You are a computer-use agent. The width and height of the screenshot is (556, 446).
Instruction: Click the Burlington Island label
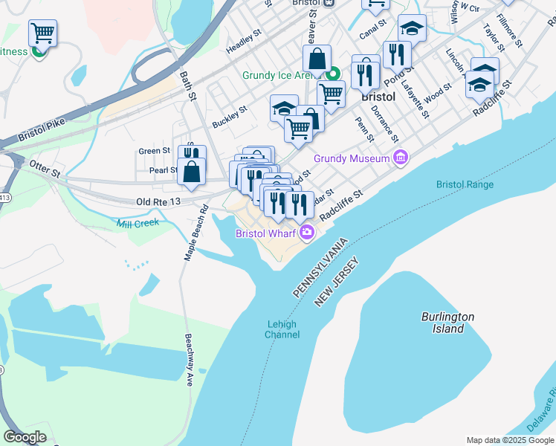447,323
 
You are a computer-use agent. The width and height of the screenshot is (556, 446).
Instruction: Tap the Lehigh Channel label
282,329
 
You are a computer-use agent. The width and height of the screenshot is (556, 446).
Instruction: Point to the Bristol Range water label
465,184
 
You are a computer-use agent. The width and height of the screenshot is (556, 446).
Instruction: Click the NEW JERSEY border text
337,282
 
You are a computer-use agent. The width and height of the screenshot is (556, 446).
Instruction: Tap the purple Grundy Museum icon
401,158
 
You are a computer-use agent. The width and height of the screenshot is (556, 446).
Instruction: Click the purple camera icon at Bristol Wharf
307,233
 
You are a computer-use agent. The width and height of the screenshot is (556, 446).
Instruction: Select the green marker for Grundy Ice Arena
334,74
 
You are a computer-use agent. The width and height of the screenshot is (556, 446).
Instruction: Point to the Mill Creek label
138,223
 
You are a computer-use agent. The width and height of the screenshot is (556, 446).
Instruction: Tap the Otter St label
44,170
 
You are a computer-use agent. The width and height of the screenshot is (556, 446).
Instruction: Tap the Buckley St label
229,115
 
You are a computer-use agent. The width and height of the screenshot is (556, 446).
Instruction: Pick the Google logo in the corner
25,437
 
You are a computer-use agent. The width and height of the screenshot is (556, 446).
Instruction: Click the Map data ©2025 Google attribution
511,440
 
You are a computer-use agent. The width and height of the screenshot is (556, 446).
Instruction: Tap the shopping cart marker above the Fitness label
43,33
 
